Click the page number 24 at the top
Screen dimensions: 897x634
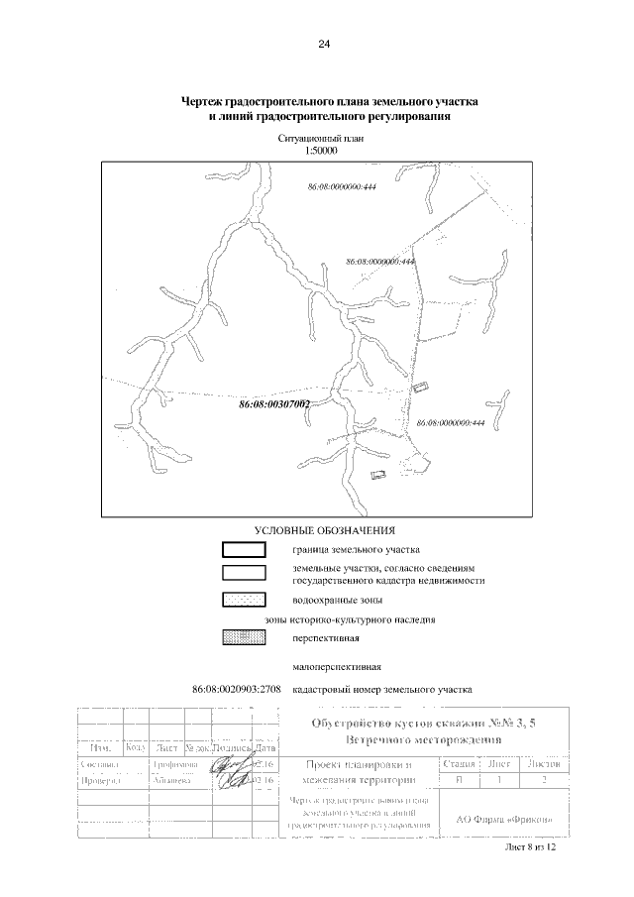(323, 45)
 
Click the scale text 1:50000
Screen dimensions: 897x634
(323, 152)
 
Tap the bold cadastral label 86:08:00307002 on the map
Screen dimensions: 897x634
(275, 405)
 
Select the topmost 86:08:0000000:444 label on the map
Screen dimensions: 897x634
(340, 186)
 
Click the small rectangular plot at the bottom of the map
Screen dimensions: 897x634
(377, 476)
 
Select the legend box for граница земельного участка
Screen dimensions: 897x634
(243, 549)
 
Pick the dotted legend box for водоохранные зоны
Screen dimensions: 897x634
(243, 600)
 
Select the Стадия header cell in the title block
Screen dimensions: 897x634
(458, 764)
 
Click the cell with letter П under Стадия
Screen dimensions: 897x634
(458, 781)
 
